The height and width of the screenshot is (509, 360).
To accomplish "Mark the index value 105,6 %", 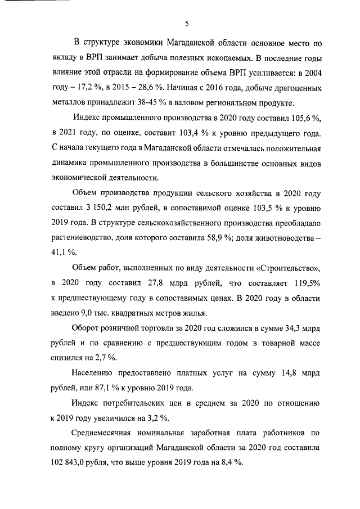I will click(305, 118).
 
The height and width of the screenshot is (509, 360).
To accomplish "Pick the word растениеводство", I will click(85, 237).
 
